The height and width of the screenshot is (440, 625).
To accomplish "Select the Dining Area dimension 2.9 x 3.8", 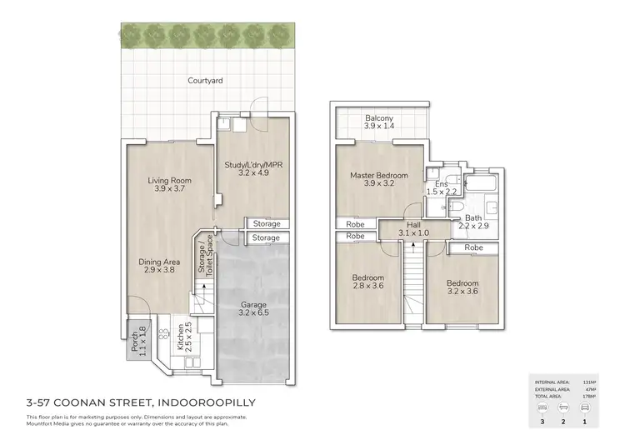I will [x=159, y=270].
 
